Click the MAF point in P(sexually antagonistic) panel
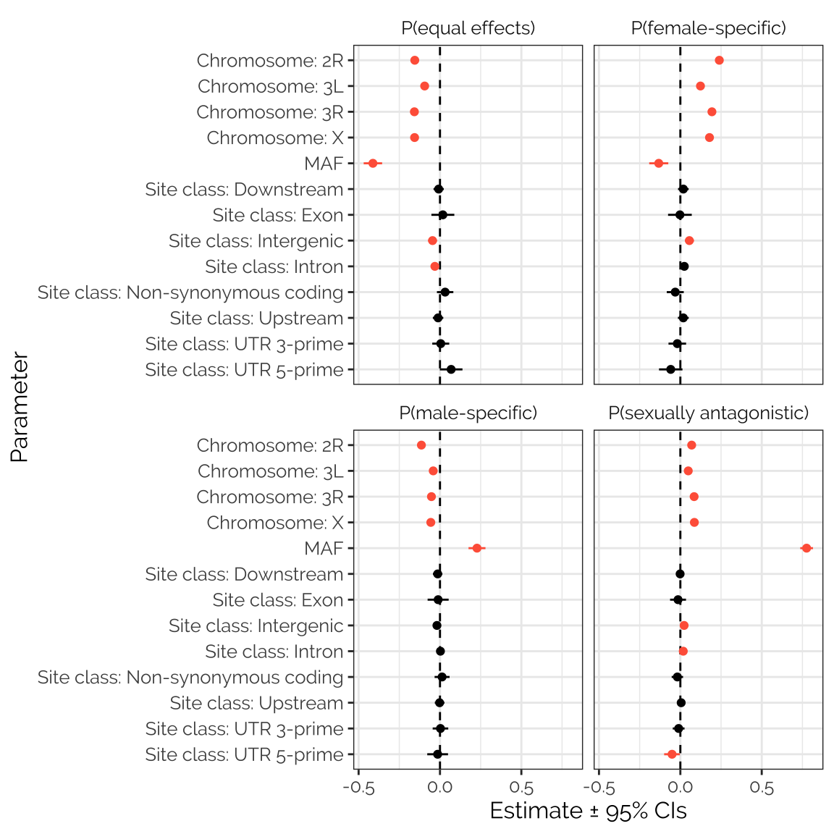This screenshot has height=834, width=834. point(806,548)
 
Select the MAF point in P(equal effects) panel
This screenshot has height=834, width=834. point(373,164)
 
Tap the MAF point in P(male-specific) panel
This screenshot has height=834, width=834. point(476,548)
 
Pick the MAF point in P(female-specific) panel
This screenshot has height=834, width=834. point(659,164)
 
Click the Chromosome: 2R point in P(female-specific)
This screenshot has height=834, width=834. point(719,60)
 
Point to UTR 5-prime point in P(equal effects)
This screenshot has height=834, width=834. point(451,369)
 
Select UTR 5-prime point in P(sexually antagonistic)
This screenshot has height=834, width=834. point(672,754)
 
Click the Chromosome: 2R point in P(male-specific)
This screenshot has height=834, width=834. point(421,445)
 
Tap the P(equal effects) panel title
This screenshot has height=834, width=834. point(468,28)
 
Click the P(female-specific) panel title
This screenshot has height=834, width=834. point(708,28)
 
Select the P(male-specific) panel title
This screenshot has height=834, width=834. point(468,413)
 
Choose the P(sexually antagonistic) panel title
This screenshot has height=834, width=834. point(708,413)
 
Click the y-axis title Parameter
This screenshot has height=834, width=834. point(20,407)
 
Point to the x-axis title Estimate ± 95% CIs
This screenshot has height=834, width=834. point(588,810)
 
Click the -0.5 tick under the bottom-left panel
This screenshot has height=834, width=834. point(358,788)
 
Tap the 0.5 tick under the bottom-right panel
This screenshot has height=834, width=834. point(762,788)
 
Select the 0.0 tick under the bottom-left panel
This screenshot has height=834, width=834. point(439,788)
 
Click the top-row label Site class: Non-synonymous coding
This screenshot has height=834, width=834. point(190,292)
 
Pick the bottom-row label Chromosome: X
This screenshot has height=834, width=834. point(275,523)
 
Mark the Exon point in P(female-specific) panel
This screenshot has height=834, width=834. point(680,215)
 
